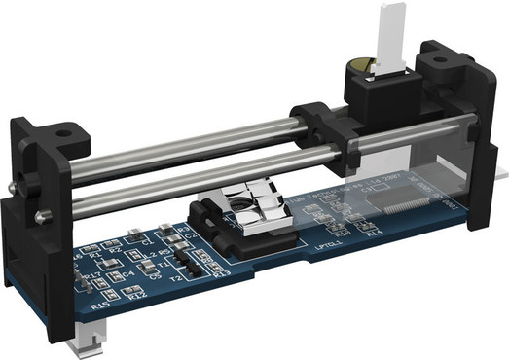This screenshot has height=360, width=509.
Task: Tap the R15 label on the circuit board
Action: click(98, 306)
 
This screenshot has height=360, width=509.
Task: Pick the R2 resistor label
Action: click(117, 250)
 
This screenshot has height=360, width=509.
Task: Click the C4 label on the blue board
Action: click(127, 275)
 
